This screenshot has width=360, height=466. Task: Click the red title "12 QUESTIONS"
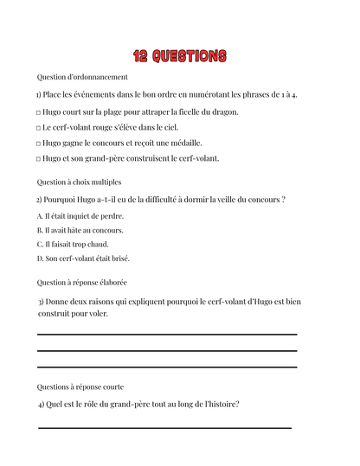(180, 56)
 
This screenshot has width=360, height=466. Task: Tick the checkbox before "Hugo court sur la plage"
(38, 112)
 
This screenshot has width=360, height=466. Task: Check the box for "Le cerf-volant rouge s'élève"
(38, 128)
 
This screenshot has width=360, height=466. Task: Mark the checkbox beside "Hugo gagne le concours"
(38, 144)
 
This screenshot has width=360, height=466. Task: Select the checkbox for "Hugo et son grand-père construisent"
(38, 159)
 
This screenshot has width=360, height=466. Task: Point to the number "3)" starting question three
(41, 302)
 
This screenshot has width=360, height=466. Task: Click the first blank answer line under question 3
(167, 335)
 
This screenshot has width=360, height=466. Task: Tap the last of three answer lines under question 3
(167, 367)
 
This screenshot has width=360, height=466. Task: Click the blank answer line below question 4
(164, 427)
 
